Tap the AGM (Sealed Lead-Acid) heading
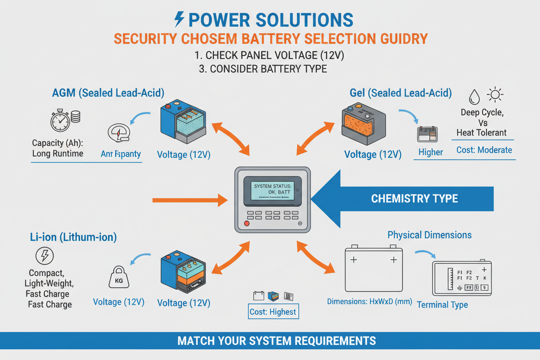click(108, 92)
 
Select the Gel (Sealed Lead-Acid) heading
click(401, 92)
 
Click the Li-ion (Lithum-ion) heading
click(73, 237)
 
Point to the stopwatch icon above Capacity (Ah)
click(60, 121)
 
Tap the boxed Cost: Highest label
click(273, 312)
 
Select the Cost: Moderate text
click(484, 150)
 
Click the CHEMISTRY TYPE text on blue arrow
click(415, 199)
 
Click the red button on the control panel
click(247, 224)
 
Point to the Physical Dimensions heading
click(429, 235)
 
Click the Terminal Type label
click(442, 305)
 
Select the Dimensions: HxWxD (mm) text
click(369, 302)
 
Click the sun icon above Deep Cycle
click(495, 95)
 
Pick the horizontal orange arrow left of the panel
click(190, 200)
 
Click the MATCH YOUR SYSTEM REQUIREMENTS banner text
click(276, 341)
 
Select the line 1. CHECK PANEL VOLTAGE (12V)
click(270, 56)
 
